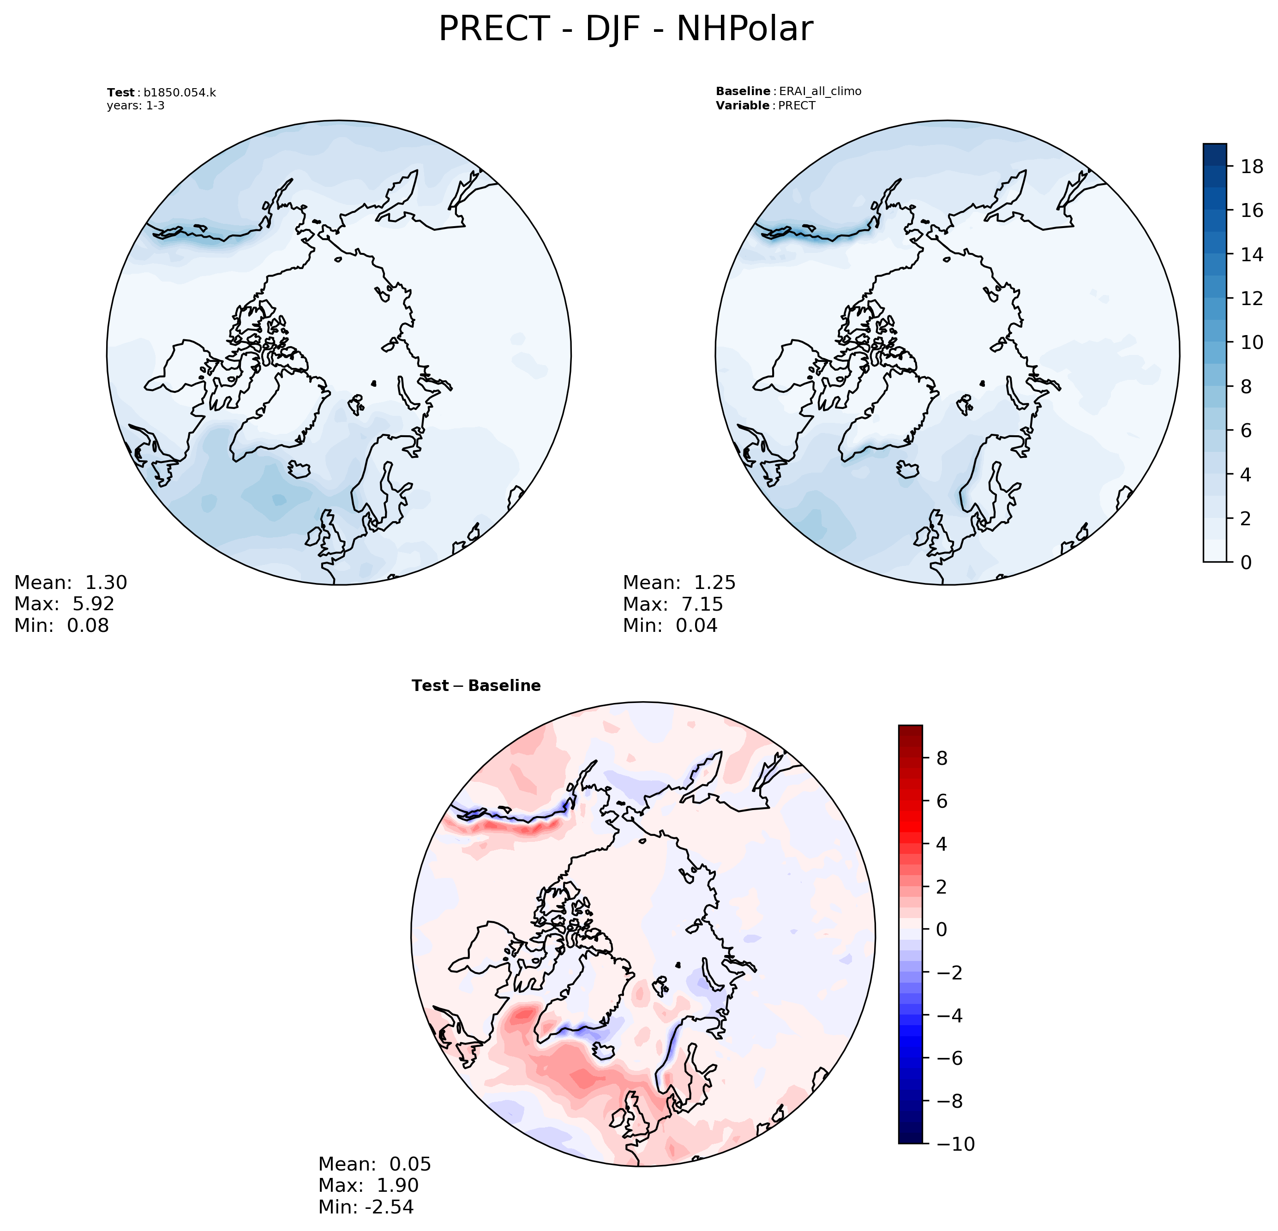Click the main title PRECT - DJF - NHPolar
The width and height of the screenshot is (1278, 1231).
click(625, 30)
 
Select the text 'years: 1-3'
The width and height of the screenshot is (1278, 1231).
click(136, 106)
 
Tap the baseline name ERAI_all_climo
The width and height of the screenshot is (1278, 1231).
click(820, 91)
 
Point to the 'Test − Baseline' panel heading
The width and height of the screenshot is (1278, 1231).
click(476, 685)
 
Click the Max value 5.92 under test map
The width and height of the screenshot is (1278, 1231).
click(93, 604)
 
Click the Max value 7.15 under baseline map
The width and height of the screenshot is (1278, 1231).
click(702, 604)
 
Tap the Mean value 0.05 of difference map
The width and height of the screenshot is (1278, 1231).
click(410, 1164)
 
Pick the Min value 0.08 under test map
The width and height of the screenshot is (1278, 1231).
click(88, 625)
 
